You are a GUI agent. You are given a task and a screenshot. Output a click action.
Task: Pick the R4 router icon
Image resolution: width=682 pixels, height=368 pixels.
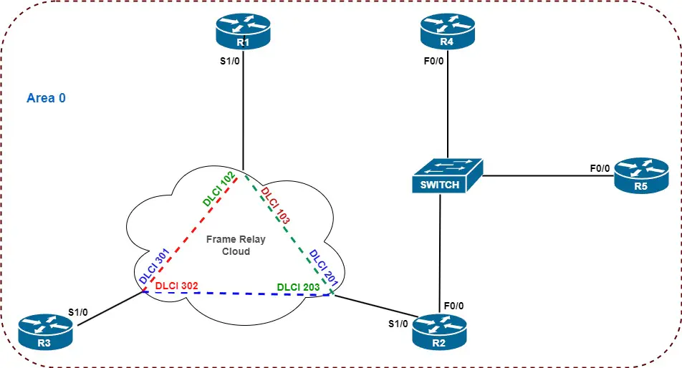click(x=447, y=33)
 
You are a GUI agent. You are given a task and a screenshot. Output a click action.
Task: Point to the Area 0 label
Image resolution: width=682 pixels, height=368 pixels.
click(x=46, y=98)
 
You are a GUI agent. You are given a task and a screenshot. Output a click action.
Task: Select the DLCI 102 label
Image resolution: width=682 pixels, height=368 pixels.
click(x=220, y=189)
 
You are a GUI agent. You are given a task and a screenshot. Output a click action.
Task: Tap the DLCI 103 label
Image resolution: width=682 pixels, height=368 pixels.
click(x=275, y=206)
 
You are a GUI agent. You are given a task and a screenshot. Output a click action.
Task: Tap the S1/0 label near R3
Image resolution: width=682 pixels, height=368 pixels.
click(x=78, y=312)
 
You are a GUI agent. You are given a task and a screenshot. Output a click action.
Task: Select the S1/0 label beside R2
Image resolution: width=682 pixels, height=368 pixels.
click(x=398, y=323)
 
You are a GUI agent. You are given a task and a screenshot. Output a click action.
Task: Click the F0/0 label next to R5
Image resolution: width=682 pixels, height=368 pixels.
click(x=600, y=169)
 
